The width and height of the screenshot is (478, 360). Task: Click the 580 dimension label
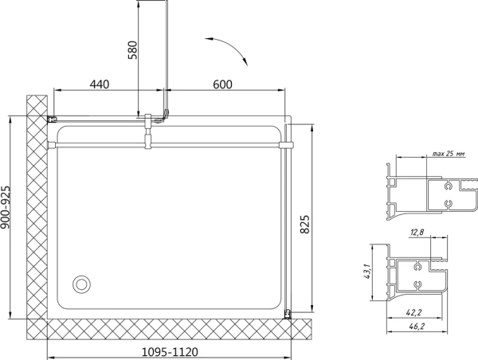[133, 49]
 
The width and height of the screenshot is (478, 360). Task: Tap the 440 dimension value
[100, 84]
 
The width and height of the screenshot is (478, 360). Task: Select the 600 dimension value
[222, 84]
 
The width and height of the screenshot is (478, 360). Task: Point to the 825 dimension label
[305, 225]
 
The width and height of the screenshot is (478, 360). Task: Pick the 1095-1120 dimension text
[170, 352]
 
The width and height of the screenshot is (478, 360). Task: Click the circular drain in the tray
[81, 284]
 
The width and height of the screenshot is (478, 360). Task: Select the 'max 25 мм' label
[449, 154]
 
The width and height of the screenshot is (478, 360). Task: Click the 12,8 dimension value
[417, 233]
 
